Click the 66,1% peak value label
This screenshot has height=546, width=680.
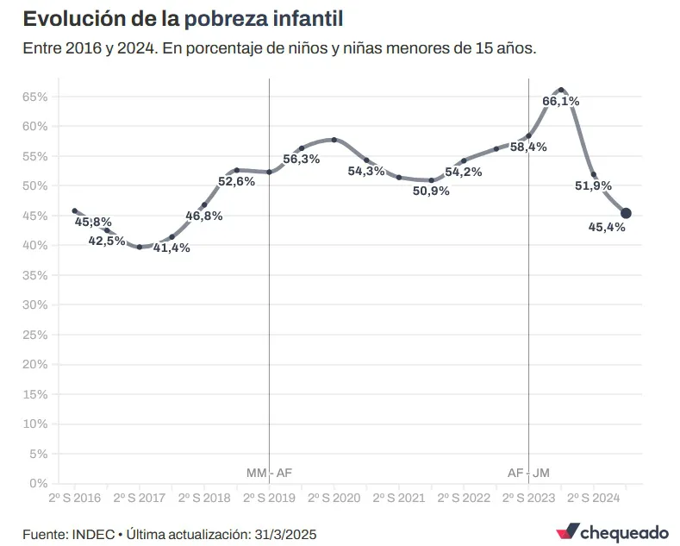[x=560, y=101]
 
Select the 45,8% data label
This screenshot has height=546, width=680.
[x=93, y=222]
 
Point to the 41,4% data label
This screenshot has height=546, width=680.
[x=172, y=248]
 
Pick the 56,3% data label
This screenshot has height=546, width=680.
[x=301, y=159]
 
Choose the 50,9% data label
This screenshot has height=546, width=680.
[x=431, y=191]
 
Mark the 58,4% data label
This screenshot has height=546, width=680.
[x=528, y=147]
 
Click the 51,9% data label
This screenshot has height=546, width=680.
[x=593, y=185]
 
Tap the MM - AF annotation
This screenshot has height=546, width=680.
[x=269, y=473]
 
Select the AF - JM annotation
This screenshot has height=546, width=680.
[x=528, y=473]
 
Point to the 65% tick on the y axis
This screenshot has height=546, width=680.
[x=34, y=97]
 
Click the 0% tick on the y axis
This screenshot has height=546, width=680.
[x=38, y=483]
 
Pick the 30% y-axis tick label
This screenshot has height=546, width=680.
[x=34, y=304]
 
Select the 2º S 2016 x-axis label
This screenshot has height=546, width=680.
[x=74, y=498]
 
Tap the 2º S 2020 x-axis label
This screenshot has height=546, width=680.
[x=334, y=498]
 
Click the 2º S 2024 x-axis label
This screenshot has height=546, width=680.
[x=593, y=498]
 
